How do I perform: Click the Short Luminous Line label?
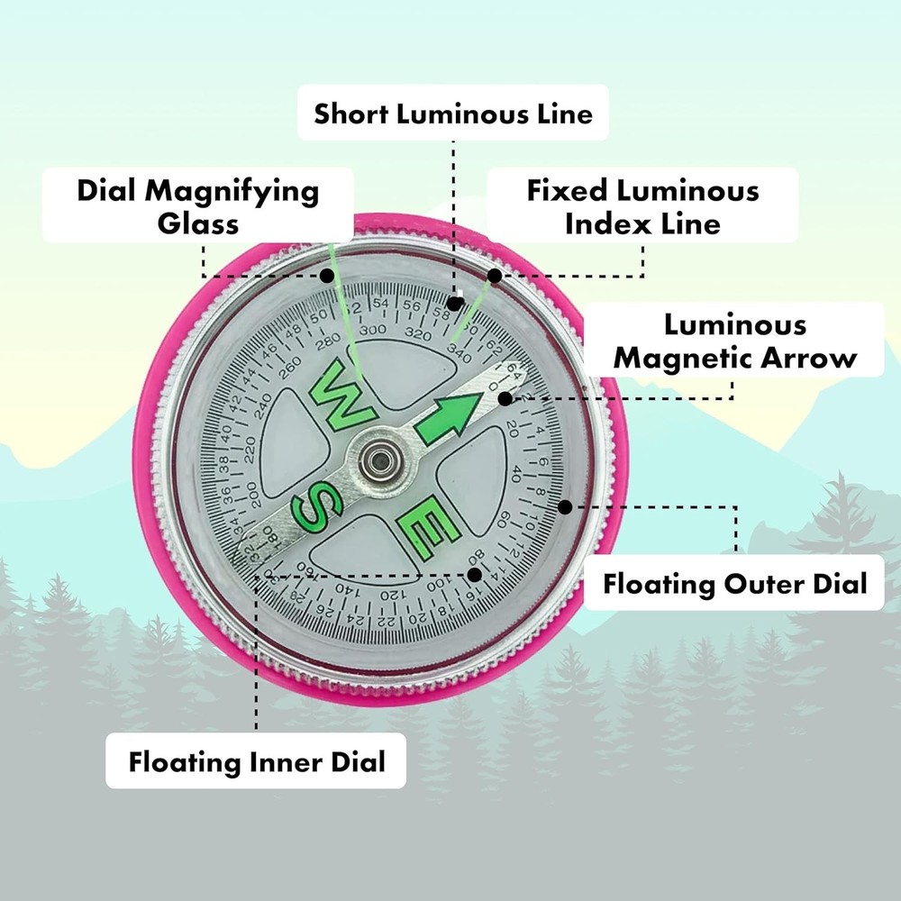(453, 114)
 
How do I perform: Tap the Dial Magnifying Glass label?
(198, 206)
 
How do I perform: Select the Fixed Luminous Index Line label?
(642, 206)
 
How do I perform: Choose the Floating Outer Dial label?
(734, 583)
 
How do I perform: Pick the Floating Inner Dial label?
(256, 762)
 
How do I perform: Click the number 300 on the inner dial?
(371, 331)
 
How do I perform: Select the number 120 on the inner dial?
(389, 596)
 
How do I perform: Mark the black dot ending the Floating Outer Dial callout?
(565, 506)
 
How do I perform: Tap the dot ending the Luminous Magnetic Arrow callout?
(506, 397)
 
